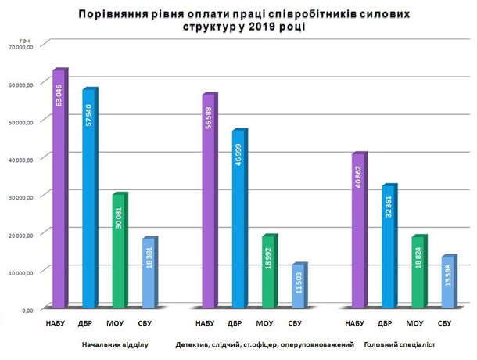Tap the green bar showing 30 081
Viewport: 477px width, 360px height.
coord(119,250)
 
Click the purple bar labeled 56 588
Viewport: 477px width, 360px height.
coord(209,200)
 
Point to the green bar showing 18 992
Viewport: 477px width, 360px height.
coord(268,271)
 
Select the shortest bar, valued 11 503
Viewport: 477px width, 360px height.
coord(298,285)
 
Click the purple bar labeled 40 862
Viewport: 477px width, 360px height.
coord(358,230)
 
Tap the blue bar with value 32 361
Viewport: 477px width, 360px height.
coord(388,246)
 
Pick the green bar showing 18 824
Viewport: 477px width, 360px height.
coord(418,271)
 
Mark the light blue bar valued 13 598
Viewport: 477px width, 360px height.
coord(447,281)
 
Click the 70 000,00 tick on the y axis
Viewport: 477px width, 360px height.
coord(20,47)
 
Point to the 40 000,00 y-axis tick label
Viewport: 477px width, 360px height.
coord(20,160)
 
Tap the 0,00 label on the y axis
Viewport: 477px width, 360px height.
coord(26,310)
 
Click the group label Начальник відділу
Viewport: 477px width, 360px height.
coord(114,344)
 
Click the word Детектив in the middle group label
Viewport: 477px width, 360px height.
coord(193,344)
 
